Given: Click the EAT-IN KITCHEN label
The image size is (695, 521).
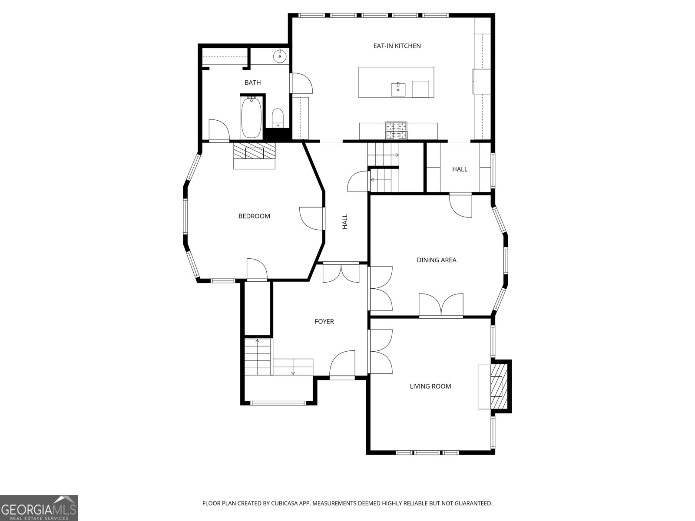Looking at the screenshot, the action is [x=397, y=46].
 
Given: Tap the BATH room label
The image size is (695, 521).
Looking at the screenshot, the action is [x=253, y=82].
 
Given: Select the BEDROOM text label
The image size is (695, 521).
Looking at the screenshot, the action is [x=254, y=216].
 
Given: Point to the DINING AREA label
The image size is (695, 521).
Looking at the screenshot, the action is [x=436, y=260].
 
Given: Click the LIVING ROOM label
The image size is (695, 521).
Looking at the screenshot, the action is [x=430, y=386].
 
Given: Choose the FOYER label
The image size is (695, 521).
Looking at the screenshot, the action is [x=324, y=321].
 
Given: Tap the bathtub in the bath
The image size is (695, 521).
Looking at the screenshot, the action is [x=252, y=117].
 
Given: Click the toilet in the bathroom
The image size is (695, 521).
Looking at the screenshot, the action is [x=278, y=118].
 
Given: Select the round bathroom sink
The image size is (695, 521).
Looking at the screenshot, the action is [x=280, y=56].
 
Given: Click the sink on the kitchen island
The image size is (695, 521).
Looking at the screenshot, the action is [x=398, y=89].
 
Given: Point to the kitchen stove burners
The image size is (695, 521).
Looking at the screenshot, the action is [x=396, y=130].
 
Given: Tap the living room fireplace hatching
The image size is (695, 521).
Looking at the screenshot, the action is [x=499, y=386].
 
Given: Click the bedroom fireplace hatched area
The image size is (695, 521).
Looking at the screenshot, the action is [x=254, y=151].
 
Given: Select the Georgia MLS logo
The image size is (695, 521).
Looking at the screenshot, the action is [x=39, y=508].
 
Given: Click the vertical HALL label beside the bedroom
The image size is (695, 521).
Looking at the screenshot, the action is [x=345, y=221].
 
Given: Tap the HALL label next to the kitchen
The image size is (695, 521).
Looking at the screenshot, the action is [x=460, y=169].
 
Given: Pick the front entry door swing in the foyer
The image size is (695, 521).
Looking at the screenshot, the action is [x=342, y=364].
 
